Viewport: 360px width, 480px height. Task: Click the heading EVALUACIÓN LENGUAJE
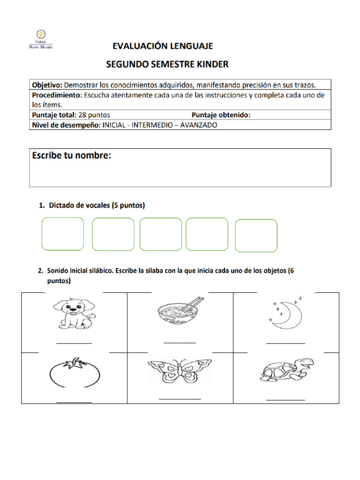click(163, 46)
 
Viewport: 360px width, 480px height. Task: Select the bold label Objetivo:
click(47, 85)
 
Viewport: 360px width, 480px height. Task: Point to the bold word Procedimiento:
click(56, 95)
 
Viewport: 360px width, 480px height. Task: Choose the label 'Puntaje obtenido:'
click(221, 115)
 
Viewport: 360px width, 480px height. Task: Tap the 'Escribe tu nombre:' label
click(72, 156)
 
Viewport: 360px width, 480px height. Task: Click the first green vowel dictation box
click(63, 234)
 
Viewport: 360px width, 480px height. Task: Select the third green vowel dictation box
click(160, 234)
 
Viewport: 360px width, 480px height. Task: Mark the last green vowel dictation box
click(256, 235)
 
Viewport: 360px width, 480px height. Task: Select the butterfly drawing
click(180, 371)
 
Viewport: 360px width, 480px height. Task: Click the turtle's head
click(306, 363)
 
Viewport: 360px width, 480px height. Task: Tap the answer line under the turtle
click(285, 399)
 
